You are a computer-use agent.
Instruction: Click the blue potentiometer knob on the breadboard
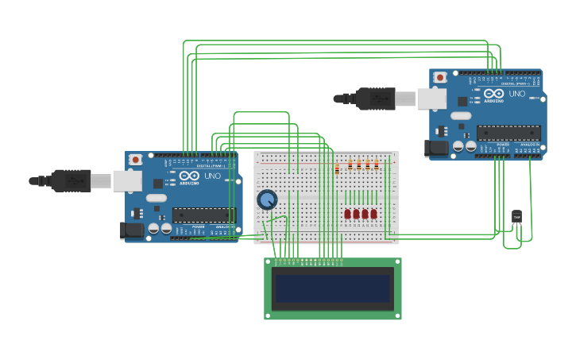267,199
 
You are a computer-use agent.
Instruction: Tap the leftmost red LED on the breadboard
347,214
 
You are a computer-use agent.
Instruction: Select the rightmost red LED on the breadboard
374,214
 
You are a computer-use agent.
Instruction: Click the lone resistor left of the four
337,168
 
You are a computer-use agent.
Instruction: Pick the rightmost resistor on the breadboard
377,165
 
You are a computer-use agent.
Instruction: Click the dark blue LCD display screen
333,288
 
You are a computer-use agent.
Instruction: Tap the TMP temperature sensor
516,216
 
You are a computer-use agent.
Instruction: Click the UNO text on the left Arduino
213,176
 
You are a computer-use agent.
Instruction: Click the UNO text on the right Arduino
517,94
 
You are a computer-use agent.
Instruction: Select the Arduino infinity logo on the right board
494,94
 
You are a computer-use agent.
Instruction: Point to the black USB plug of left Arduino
72,181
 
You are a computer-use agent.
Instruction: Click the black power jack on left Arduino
132,231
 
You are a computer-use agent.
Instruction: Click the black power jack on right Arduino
436,148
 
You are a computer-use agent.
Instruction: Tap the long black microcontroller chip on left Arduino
204,215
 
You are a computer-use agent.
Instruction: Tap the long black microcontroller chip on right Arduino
508,132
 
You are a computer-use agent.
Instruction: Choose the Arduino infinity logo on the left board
189,176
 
